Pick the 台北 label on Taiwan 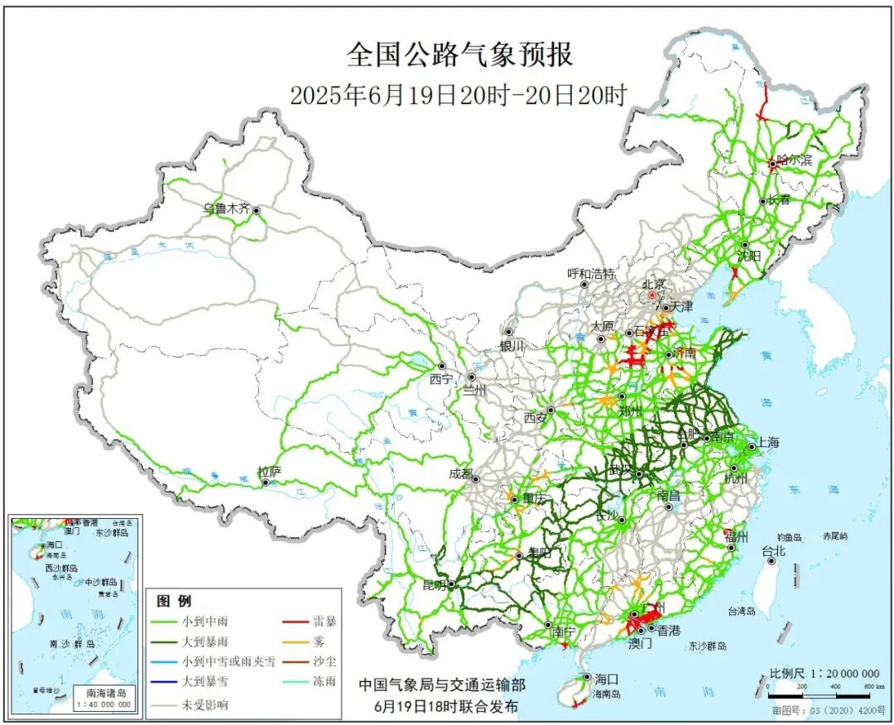(773, 550)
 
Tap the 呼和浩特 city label (591, 274)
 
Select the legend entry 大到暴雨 (206, 641)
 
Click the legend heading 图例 (174, 601)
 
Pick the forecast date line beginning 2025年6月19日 (458, 95)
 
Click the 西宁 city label (442, 380)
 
